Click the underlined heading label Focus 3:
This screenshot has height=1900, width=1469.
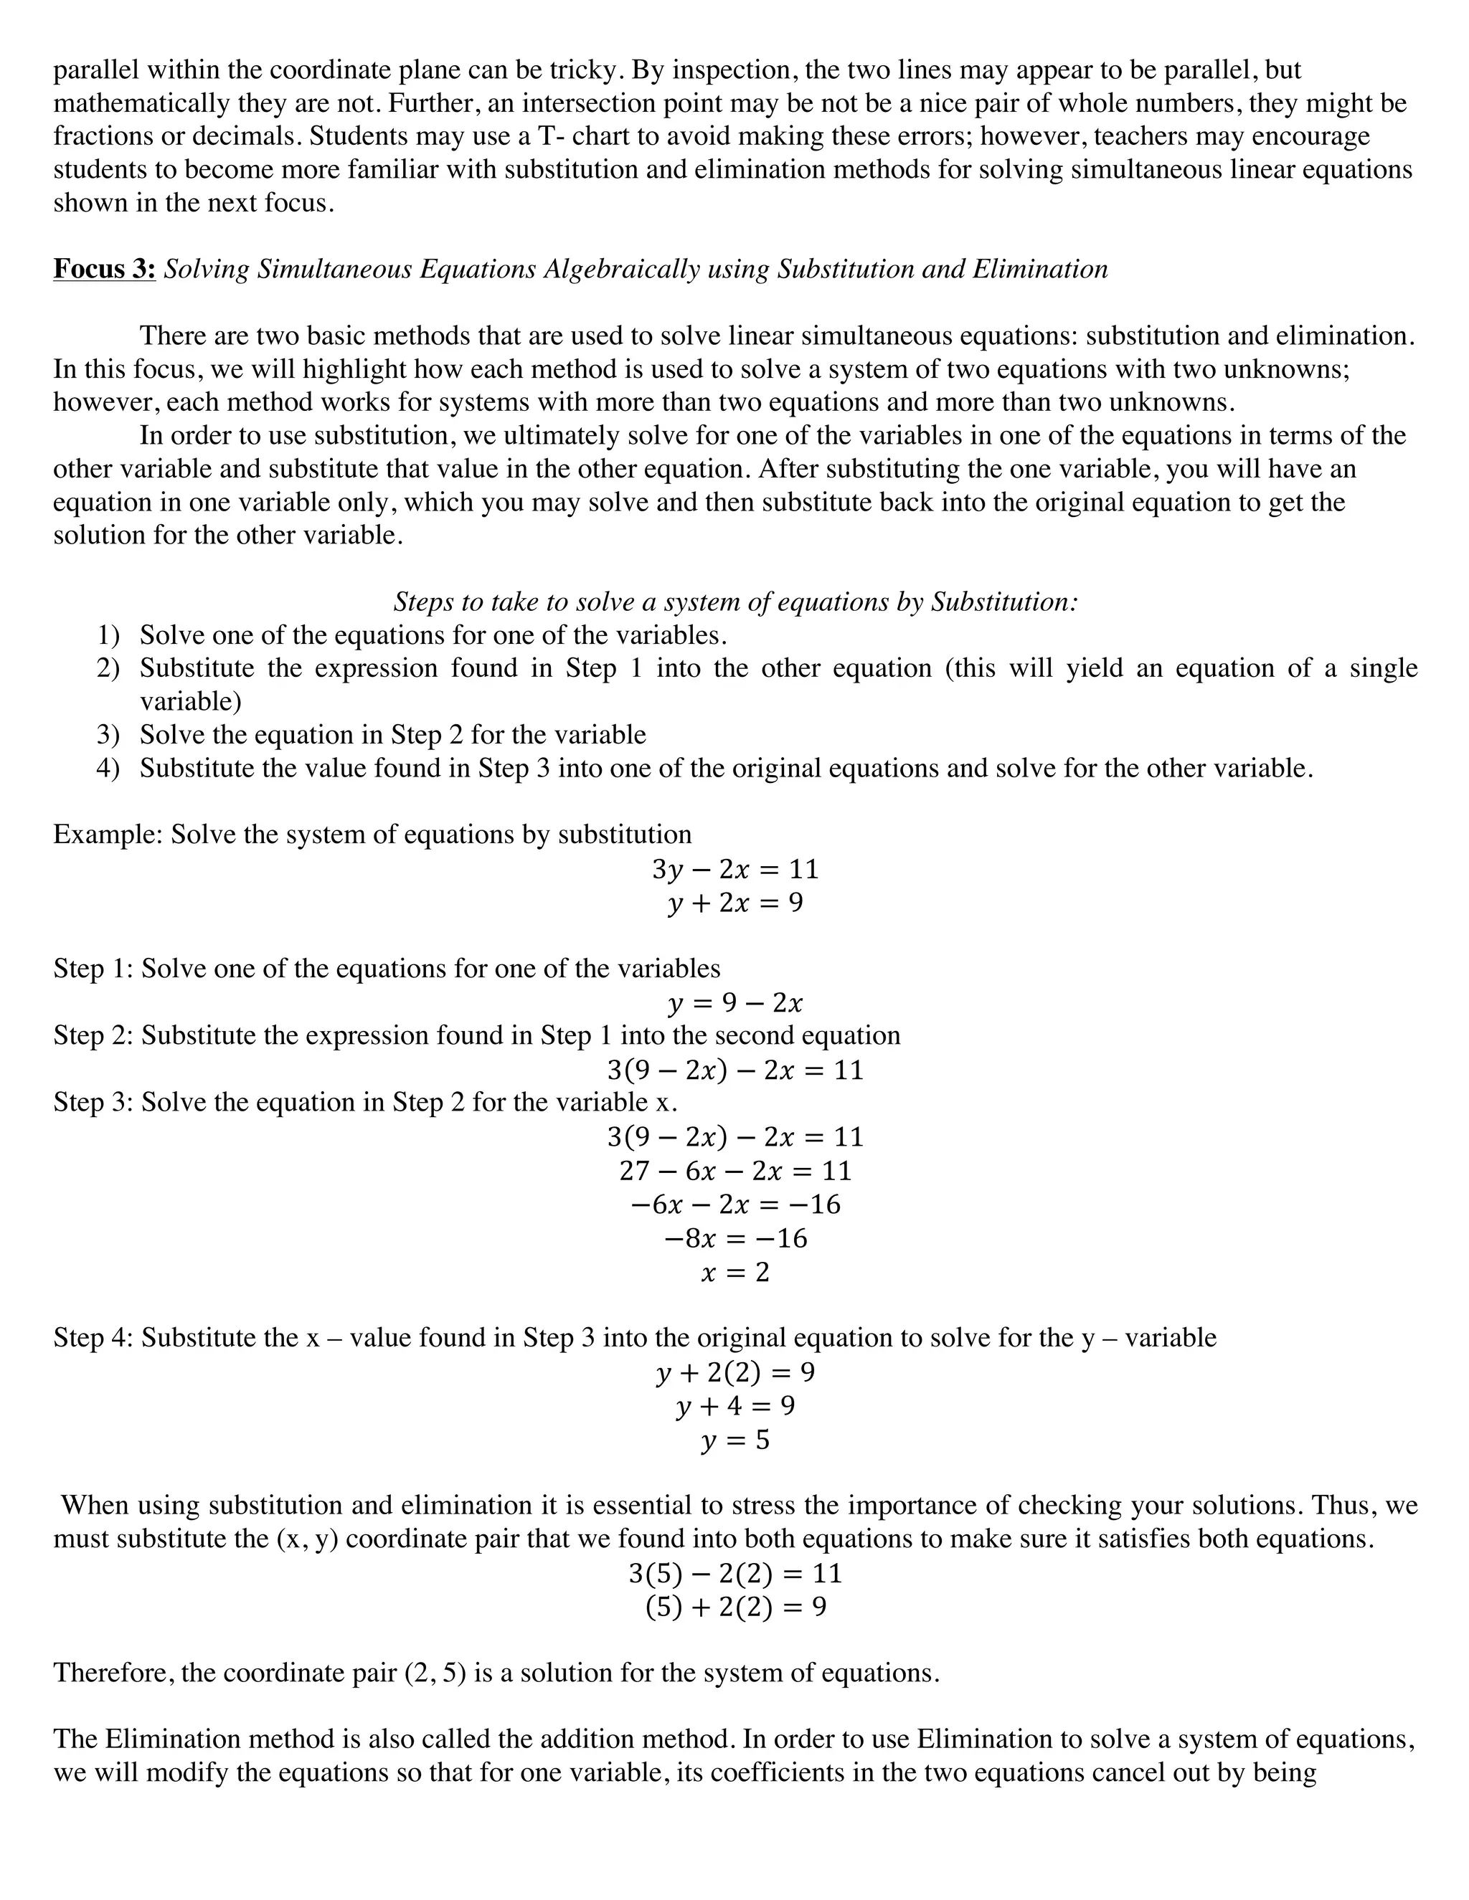tap(105, 269)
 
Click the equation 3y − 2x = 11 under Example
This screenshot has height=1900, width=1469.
tap(734, 869)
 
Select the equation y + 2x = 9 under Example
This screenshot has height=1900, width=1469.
tap(734, 903)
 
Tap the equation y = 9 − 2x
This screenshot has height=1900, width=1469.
tap(734, 1003)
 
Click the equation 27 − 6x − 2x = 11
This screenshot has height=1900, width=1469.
tap(734, 1171)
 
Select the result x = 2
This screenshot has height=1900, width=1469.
tap(734, 1273)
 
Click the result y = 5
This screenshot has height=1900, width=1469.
tap(734, 1440)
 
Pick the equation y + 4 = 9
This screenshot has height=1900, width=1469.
tap(734, 1407)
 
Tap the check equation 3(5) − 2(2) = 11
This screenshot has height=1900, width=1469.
tap(734, 1573)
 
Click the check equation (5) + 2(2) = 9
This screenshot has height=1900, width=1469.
tap(734, 1607)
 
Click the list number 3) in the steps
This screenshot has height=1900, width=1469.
tap(108, 735)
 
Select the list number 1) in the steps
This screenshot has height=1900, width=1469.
tap(108, 635)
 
